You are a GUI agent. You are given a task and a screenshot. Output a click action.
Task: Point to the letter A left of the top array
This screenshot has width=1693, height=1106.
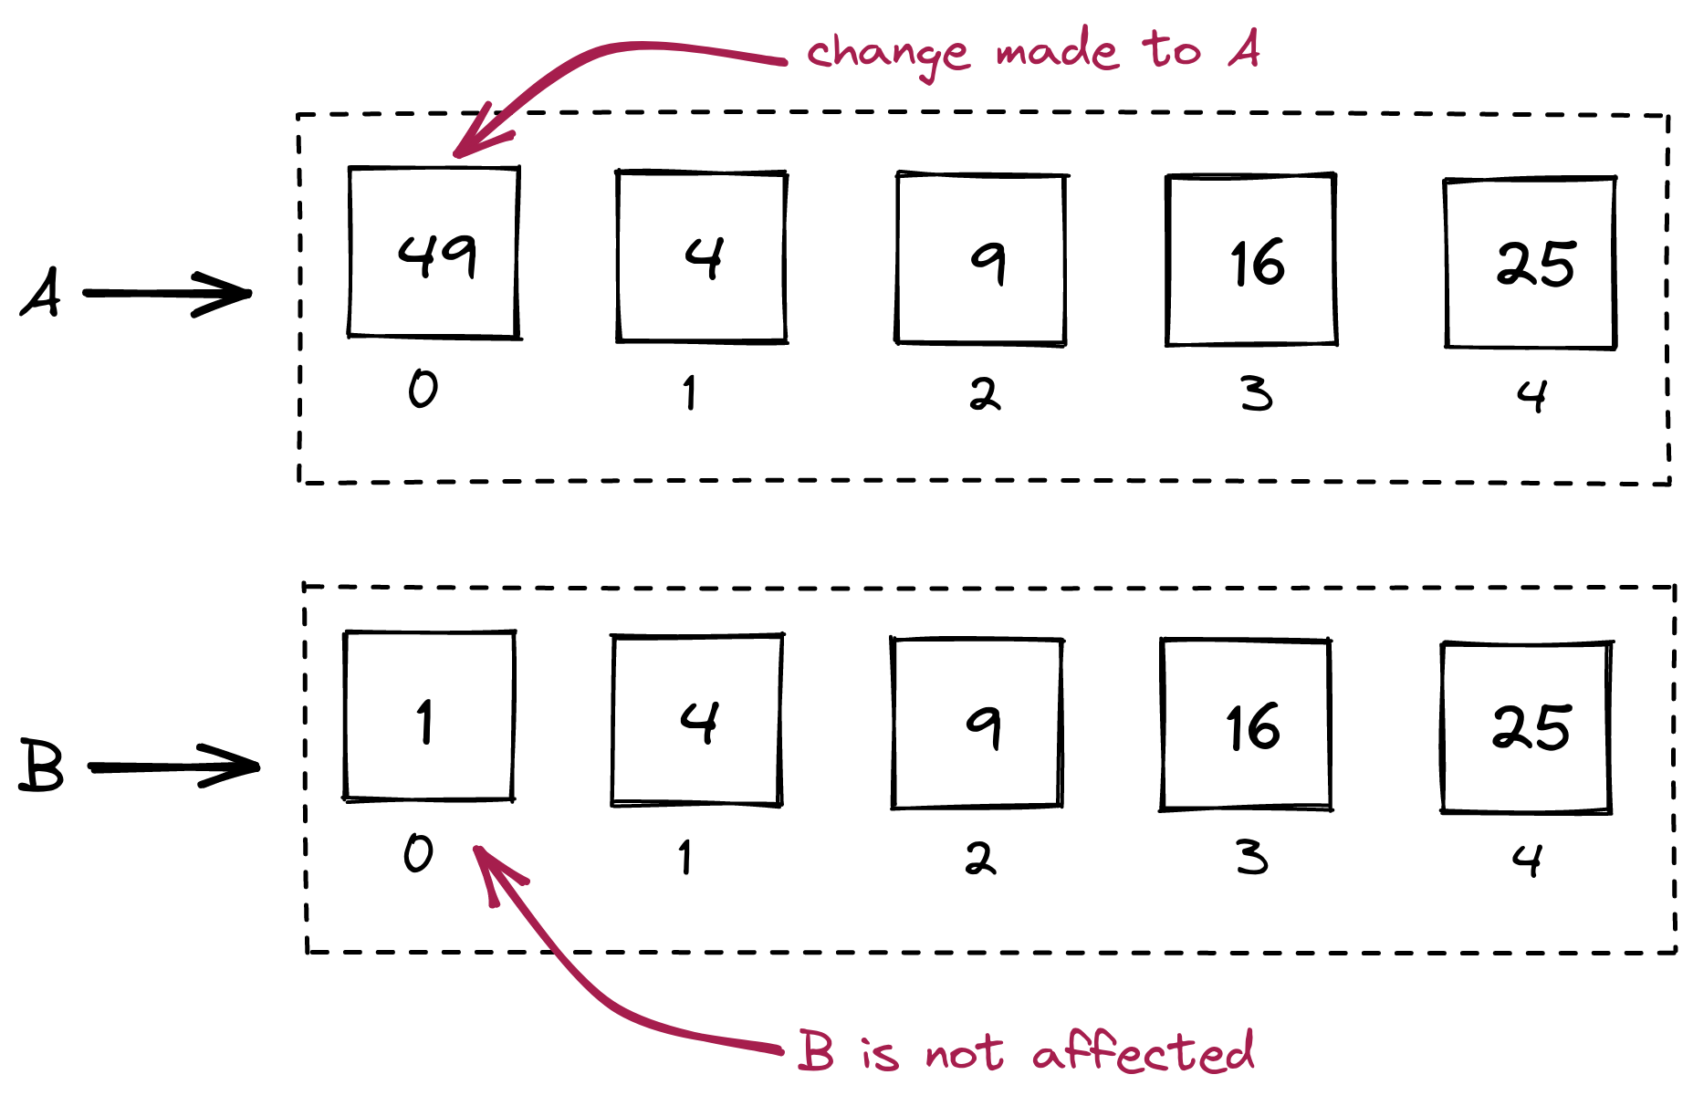click(x=41, y=292)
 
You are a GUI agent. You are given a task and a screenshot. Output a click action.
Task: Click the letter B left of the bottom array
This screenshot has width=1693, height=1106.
click(x=42, y=765)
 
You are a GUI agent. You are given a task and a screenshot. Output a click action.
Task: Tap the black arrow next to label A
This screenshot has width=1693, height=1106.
click(x=167, y=294)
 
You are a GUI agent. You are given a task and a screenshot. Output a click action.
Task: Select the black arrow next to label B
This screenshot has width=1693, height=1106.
click(x=173, y=766)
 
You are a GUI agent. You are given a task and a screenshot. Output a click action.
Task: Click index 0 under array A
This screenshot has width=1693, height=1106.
click(x=423, y=389)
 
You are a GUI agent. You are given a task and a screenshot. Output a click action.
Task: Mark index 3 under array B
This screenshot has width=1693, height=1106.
click(x=1252, y=858)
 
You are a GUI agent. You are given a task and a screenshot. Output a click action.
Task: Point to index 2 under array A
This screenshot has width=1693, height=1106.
click(x=985, y=394)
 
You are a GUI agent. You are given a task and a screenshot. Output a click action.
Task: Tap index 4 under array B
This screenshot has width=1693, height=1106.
click(x=1527, y=860)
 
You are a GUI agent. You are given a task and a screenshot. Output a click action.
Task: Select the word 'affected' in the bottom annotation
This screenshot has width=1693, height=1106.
click(x=1144, y=1051)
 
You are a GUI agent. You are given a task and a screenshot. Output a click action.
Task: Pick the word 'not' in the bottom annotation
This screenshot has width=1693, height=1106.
click(x=965, y=1055)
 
